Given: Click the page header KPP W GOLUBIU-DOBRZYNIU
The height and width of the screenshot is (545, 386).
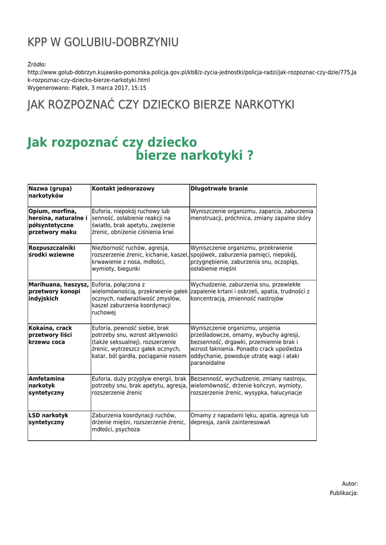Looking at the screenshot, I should (103, 43).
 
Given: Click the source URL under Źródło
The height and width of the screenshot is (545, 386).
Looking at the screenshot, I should (192, 76).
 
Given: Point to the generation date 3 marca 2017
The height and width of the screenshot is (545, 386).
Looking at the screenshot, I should (109, 88).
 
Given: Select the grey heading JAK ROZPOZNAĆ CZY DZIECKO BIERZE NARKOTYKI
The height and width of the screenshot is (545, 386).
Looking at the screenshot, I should (160, 105).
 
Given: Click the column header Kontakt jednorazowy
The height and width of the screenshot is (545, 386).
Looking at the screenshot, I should (124, 189).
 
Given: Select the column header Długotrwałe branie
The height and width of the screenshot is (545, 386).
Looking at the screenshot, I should (219, 189).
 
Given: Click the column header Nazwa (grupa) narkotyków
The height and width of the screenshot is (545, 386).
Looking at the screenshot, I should (50, 192).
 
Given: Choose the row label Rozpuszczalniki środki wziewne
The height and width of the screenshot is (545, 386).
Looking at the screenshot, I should (52, 251).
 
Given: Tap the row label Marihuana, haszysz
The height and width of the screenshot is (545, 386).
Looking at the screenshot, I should (59, 291).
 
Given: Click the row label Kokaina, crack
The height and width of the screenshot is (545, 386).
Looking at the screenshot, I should (50, 335).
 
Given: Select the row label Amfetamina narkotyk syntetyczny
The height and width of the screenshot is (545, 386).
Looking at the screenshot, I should (46, 385).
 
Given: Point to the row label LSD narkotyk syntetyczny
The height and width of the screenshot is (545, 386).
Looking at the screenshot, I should (48, 418).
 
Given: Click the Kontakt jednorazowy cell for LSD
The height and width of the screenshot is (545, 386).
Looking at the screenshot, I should (139, 422).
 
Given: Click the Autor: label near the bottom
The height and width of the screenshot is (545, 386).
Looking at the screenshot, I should (349, 484).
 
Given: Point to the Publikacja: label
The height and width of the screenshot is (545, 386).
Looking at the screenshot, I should (343, 493).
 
